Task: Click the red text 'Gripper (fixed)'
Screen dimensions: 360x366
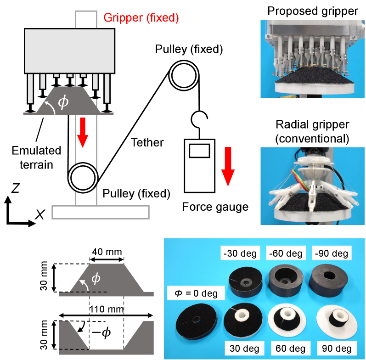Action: [x=141, y=18]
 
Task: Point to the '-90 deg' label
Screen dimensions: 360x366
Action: [x=331, y=253]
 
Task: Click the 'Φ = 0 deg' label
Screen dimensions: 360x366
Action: [x=196, y=292]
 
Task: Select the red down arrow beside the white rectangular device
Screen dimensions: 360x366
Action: [x=228, y=170]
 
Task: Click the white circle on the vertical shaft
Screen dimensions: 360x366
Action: [x=83, y=178]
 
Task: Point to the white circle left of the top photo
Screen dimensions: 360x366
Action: [x=184, y=75]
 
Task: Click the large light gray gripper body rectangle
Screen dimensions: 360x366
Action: [x=69, y=51]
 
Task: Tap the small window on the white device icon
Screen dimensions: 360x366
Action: [x=199, y=151]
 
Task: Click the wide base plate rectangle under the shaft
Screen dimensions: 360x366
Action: [x=101, y=212]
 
